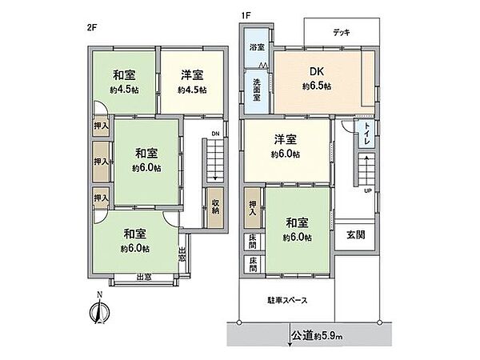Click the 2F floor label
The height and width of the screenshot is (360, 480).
tap(92, 28)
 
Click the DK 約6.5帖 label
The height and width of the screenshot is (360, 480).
tap(318, 78)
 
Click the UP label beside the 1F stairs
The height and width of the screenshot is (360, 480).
tap(367, 191)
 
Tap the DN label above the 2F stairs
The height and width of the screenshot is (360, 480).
tap(215, 134)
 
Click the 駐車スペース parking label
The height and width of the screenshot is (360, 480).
tap(288, 301)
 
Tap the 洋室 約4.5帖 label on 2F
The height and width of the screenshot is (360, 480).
tap(192, 82)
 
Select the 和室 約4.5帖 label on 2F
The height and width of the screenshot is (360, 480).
tap(124, 82)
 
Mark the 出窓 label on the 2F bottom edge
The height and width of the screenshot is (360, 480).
tap(144, 278)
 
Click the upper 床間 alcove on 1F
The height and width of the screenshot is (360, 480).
tap(253, 239)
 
